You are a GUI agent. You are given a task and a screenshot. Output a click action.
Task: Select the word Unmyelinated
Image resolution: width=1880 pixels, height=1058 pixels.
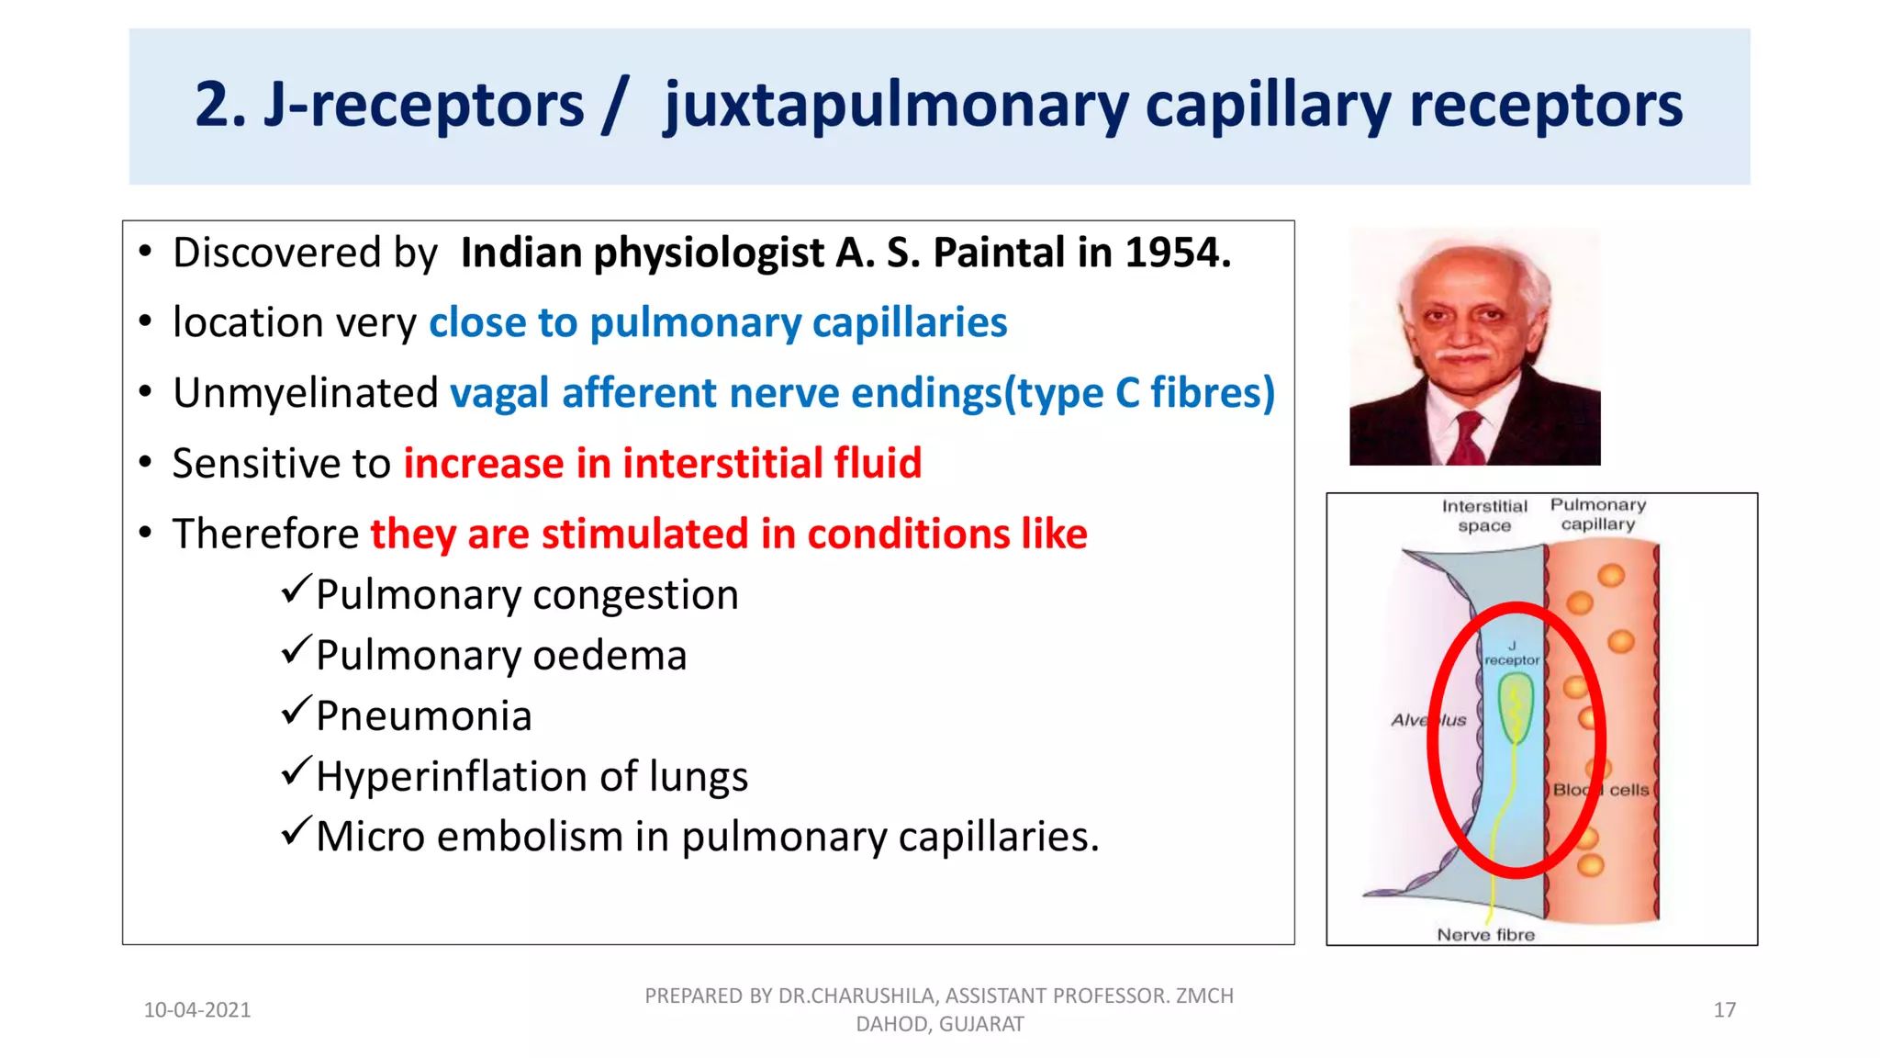click(306, 393)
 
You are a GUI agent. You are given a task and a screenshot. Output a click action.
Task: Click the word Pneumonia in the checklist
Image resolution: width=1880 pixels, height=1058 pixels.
click(423, 716)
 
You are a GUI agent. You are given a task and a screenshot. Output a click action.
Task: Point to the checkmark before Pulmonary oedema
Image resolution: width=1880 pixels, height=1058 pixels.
click(296, 650)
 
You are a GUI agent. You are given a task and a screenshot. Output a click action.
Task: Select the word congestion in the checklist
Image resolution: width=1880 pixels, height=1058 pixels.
click(635, 595)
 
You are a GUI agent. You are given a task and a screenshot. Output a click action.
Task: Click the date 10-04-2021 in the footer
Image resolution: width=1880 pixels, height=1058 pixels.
click(197, 1010)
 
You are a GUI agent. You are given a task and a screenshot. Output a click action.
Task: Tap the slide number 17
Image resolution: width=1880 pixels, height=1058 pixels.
click(1724, 1010)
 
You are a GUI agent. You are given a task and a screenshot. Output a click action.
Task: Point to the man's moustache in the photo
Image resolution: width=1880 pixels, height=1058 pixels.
click(1463, 355)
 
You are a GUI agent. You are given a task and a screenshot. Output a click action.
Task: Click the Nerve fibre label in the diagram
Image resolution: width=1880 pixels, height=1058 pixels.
click(1485, 935)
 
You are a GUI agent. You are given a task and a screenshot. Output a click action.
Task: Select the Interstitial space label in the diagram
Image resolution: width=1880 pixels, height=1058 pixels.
click(1483, 515)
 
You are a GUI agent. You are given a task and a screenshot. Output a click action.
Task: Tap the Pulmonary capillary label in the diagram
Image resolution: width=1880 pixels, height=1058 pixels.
click(1597, 514)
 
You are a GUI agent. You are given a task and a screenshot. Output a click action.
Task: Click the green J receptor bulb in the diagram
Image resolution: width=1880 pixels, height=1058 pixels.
click(1515, 705)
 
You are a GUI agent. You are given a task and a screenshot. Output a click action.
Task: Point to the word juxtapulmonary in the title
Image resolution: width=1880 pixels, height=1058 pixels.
click(896, 106)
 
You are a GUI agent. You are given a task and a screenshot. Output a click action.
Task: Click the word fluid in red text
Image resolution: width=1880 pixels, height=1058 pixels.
click(878, 463)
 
